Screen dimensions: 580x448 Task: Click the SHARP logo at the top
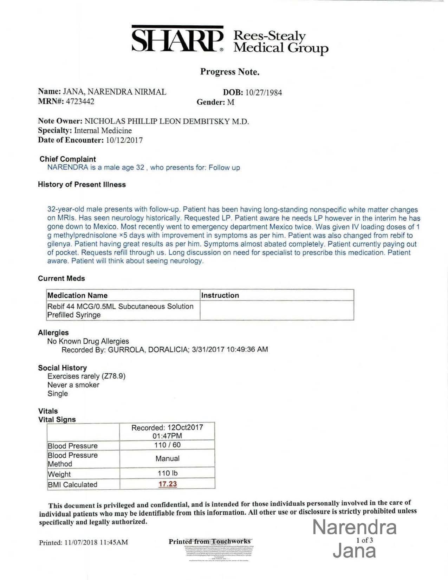177,40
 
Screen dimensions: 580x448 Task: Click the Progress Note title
230,72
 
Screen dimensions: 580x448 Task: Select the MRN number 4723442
80,102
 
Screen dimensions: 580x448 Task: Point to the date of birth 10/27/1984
264,93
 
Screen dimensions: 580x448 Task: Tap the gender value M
231,102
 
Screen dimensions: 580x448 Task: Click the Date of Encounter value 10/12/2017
125,140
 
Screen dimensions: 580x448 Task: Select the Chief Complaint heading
67,159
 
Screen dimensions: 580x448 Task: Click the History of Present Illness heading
82,185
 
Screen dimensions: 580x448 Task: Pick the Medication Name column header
77,295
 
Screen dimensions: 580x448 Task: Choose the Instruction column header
220,295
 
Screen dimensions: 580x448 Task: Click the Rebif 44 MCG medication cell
120,311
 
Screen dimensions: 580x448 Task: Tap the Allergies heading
53,333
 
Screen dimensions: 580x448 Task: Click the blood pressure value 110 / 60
167,445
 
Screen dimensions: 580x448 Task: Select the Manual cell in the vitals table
167,459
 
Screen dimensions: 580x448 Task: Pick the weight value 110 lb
167,473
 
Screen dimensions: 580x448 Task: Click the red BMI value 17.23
168,484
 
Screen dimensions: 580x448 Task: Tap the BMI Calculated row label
72,484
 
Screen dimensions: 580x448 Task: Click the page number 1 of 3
364,540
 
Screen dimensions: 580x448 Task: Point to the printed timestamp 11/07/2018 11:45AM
84,542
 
